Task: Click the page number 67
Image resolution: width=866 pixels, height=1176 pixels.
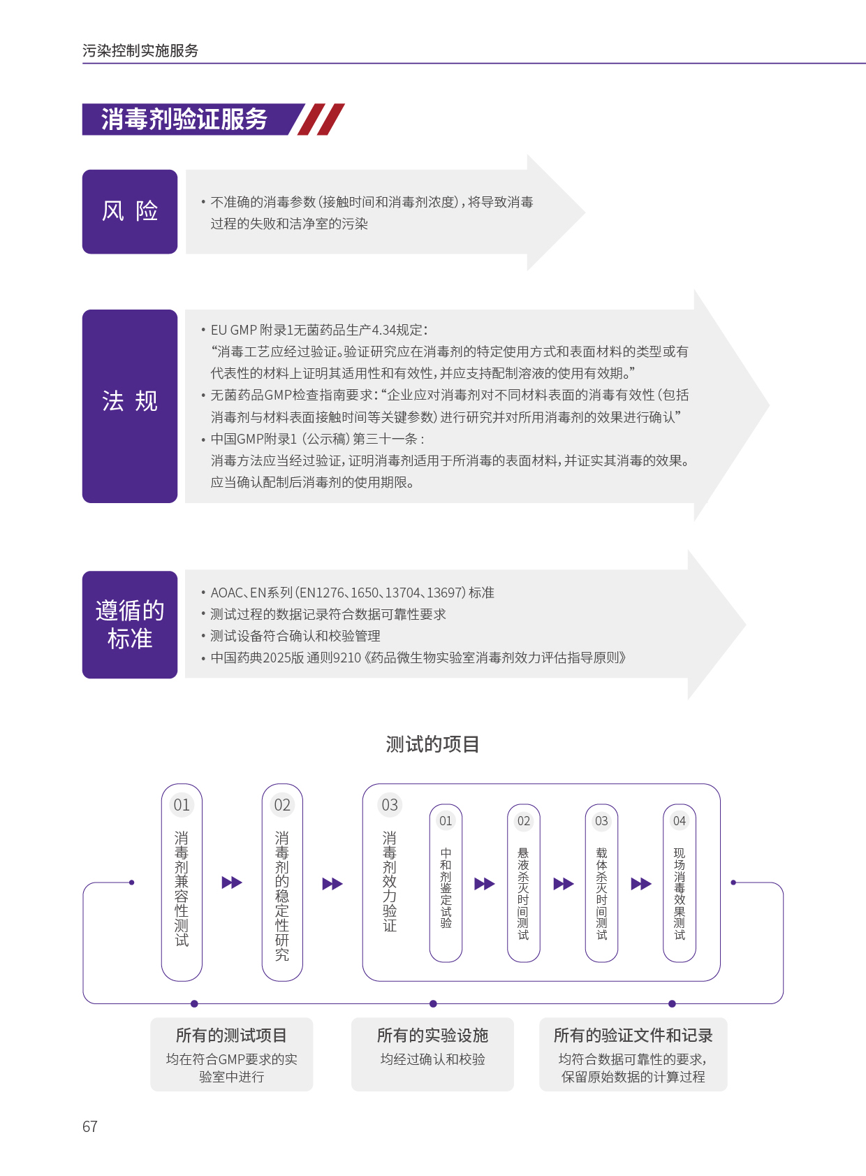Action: pyautogui.click(x=90, y=1126)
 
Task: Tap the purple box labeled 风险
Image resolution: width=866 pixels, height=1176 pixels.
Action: pyautogui.click(x=130, y=212)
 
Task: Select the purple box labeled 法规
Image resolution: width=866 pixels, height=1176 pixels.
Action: pyautogui.click(x=130, y=406)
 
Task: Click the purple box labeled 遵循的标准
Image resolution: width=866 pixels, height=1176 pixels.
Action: pyautogui.click(x=130, y=624)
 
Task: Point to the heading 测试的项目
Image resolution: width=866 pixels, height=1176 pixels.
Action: pyautogui.click(x=432, y=744)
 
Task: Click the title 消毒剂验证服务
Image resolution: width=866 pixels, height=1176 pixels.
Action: pyautogui.click(x=184, y=119)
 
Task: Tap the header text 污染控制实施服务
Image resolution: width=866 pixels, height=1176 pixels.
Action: pyautogui.click(x=140, y=50)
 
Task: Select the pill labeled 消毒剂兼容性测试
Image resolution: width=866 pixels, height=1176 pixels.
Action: pyautogui.click(x=182, y=882)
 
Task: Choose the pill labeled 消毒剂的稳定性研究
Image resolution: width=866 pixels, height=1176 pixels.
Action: pyautogui.click(x=282, y=882)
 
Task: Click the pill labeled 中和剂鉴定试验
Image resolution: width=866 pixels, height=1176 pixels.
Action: pyautogui.click(x=446, y=883)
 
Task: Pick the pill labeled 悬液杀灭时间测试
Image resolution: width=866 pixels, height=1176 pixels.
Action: pyautogui.click(x=523, y=883)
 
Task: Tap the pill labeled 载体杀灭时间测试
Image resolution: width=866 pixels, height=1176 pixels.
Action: pyautogui.click(x=601, y=883)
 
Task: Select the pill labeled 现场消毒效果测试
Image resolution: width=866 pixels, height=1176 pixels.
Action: pyautogui.click(x=679, y=883)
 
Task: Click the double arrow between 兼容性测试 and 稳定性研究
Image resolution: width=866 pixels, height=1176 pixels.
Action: pyautogui.click(x=232, y=883)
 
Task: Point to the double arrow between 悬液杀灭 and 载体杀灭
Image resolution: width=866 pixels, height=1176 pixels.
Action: pyautogui.click(x=563, y=884)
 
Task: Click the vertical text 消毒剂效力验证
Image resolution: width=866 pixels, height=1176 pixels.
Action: pyautogui.click(x=390, y=881)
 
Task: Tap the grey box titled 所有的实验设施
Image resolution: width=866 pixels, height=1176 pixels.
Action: pyautogui.click(x=432, y=1054)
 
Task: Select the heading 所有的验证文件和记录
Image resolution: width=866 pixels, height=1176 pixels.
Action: pyautogui.click(x=633, y=1036)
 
